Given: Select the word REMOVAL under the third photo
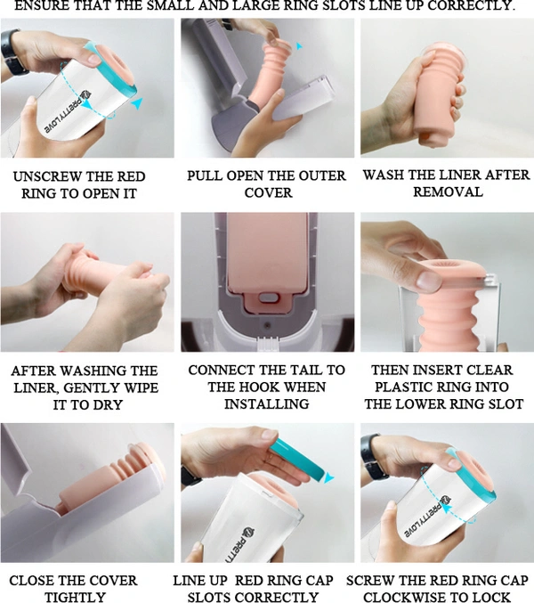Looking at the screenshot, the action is click(x=448, y=191).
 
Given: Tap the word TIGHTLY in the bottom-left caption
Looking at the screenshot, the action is click(x=76, y=598).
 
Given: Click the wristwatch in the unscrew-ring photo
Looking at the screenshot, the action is click(x=12, y=52).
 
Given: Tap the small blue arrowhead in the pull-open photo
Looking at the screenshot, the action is click(x=299, y=46).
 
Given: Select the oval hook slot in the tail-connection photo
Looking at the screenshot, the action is click(x=269, y=297).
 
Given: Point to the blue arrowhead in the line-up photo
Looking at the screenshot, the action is click(x=328, y=477).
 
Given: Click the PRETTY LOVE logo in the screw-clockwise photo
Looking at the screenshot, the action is click(x=427, y=517).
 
